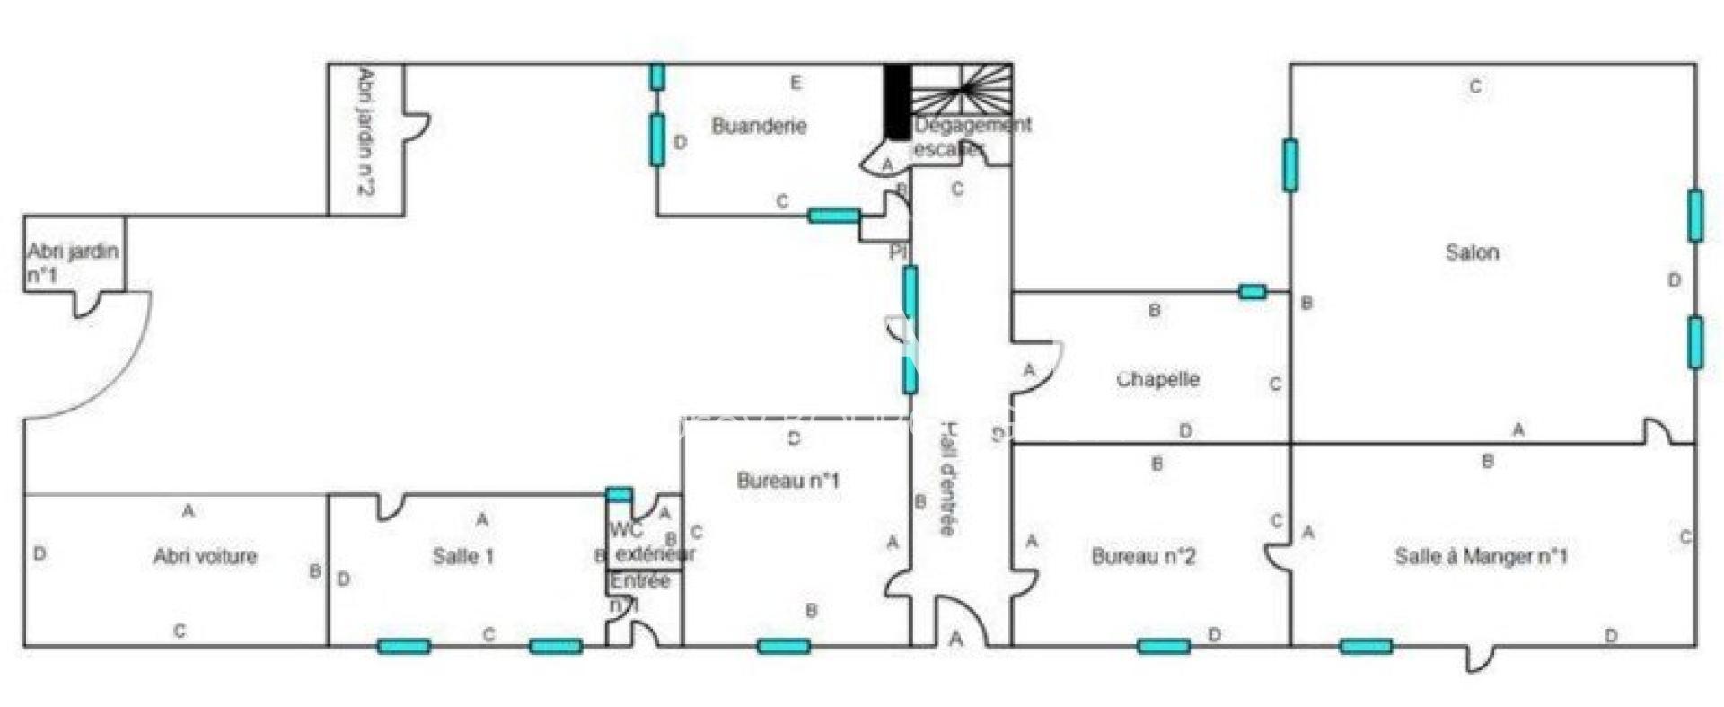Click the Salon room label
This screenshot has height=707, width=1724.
click(1472, 252)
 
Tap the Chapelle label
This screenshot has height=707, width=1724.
click(1157, 379)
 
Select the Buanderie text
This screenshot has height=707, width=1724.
click(759, 126)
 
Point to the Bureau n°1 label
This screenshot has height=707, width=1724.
click(787, 481)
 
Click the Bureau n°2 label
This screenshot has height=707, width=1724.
click(1143, 556)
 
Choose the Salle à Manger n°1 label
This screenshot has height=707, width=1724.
click(1481, 556)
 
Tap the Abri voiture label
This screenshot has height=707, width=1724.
click(205, 556)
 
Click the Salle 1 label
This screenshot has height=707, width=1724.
click(462, 556)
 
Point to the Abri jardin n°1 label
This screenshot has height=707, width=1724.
click(72, 262)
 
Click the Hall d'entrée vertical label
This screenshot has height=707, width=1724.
click(948, 478)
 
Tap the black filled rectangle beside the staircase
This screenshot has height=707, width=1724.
click(897, 101)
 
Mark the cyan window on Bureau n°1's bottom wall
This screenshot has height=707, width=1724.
click(783, 646)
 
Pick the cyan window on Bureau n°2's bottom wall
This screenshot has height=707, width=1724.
click(1163, 646)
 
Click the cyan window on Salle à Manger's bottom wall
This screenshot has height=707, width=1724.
click(1366, 646)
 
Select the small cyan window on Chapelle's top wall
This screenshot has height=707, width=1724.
click(1252, 291)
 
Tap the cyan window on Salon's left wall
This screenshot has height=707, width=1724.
click(1290, 165)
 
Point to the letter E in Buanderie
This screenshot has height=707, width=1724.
click(795, 84)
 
